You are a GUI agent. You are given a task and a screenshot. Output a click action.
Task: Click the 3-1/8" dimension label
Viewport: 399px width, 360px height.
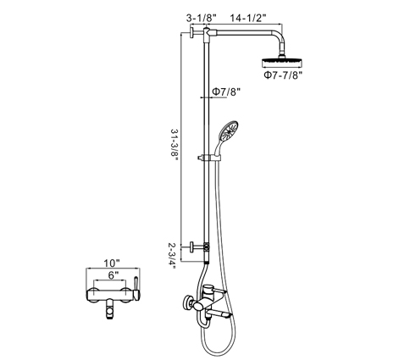tap(202, 18)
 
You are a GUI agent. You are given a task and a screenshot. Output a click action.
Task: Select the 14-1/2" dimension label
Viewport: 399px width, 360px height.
tap(248, 18)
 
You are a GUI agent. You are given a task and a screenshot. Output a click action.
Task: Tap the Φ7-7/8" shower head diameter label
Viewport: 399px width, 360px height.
tap(284, 75)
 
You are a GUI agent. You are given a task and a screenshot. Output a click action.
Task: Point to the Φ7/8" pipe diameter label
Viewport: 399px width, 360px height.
tap(226, 91)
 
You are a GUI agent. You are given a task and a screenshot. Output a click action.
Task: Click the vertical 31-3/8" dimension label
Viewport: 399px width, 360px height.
tap(175, 145)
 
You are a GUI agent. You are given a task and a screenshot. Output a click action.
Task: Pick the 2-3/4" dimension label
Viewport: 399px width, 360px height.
tap(172, 256)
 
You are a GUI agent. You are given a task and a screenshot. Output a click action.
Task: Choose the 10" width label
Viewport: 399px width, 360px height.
tap(112, 263)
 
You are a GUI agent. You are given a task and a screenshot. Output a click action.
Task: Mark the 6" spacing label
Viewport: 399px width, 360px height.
tap(113, 275)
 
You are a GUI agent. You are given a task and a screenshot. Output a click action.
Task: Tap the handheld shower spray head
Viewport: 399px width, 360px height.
tap(230, 131)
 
